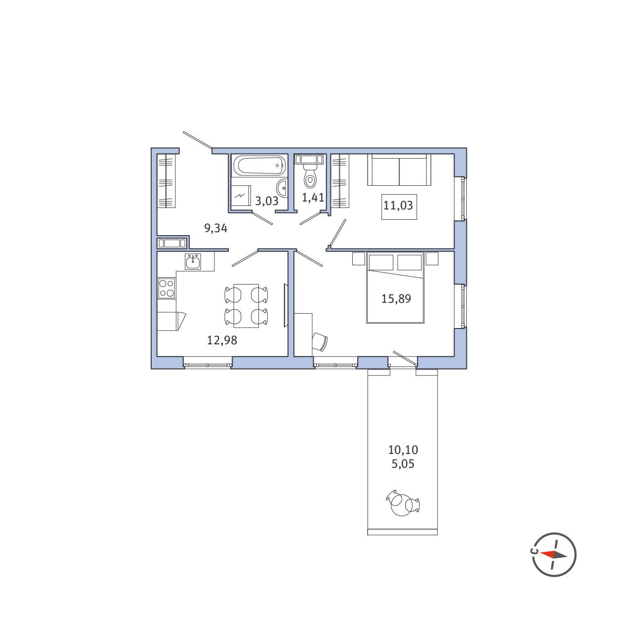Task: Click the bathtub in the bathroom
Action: pos(259,165)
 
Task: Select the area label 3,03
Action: pos(267,201)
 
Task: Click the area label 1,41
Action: pos(313,198)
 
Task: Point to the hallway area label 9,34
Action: pos(215,228)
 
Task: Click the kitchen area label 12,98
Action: pos(222,340)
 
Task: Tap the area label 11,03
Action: pos(398,205)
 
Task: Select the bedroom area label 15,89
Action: pos(396,298)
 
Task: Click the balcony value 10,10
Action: pos(403,450)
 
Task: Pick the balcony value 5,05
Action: pos(403,464)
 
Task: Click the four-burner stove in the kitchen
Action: pos(166,288)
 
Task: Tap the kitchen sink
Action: pos(193,261)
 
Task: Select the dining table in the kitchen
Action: pos(246,306)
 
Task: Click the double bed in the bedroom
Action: pos(395,288)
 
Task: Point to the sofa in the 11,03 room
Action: pos(399,169)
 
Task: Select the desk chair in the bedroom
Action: pos(320,341)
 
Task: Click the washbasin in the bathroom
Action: pos(282,188)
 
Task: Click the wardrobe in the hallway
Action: pos(166,181)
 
